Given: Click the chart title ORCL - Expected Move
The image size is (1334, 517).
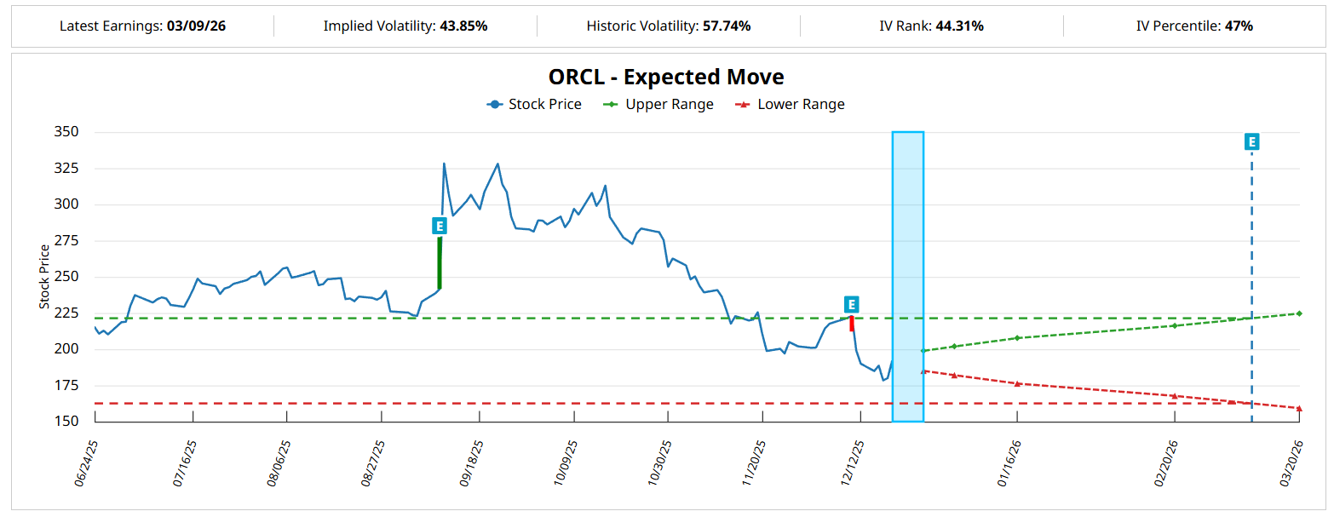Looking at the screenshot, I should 666,77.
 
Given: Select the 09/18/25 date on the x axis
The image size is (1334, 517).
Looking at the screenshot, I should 472,462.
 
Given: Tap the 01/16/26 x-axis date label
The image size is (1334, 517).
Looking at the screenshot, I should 1010,462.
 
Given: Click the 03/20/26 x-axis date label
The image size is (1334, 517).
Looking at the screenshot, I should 1292,462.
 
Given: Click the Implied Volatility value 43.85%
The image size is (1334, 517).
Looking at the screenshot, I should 463,26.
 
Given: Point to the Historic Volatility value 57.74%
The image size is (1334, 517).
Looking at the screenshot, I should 727,26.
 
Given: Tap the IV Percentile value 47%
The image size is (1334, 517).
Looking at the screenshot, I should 1239,26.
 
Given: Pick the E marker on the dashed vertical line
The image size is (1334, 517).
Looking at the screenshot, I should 1251,142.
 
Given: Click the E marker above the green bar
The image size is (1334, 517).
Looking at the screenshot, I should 439,226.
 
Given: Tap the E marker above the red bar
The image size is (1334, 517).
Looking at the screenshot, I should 851,305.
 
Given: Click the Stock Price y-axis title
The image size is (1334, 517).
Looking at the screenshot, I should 43,277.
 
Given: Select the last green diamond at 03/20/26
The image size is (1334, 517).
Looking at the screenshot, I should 1299,313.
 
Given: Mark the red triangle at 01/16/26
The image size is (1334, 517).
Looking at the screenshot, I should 1017,383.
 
